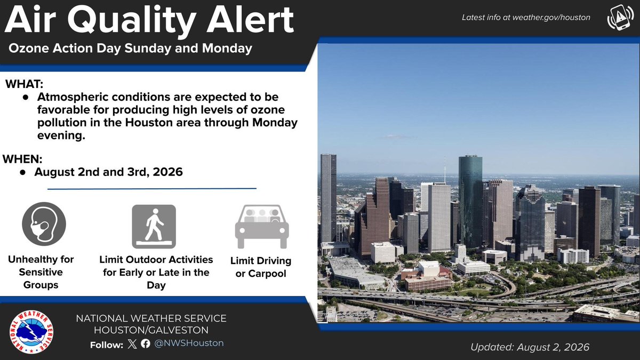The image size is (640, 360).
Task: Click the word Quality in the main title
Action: [x=131, y=21]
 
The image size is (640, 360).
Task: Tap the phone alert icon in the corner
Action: [x=620, y=17]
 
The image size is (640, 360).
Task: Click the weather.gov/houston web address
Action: [x=551, y=18]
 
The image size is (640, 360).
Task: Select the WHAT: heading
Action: [x=25, y=84]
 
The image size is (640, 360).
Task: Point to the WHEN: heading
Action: [x=22, y=159]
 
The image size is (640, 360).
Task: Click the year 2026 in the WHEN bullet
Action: [x=167, y=172]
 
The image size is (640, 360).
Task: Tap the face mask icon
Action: [x=44, y=224]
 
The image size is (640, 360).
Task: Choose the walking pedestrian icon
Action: [x=154, y=227]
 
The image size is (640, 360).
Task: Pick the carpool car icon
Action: [x=262, y=227]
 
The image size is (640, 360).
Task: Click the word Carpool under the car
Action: [x=267, y=274]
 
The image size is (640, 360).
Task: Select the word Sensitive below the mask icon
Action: [x=41, y=272]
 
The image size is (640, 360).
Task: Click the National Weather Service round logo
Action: [x=31, y=332]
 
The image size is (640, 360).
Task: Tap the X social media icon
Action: [x=132, y=343]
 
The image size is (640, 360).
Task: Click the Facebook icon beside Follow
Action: [x=146, y=343]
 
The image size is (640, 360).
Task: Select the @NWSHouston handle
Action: [x=189, y=343]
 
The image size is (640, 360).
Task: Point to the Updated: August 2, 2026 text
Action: [x=530, y=347]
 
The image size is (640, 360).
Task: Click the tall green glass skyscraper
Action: [x=470, y=202]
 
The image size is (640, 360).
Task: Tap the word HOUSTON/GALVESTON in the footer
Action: [x=151, y=330]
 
